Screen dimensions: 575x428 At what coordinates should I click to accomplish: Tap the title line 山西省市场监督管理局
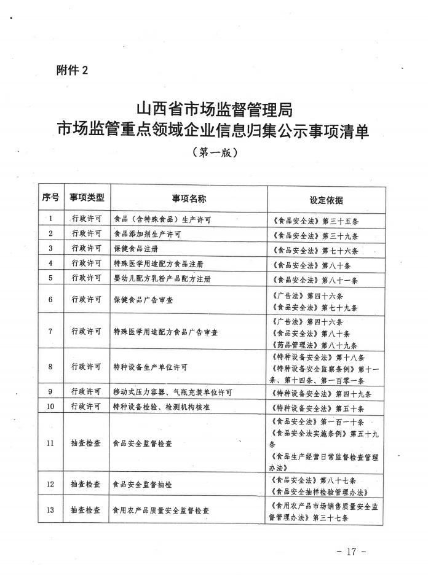pos(213,110)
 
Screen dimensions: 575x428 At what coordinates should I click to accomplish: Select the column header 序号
pos(51,198)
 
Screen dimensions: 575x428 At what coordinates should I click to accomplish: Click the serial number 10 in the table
pos(51,407)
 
